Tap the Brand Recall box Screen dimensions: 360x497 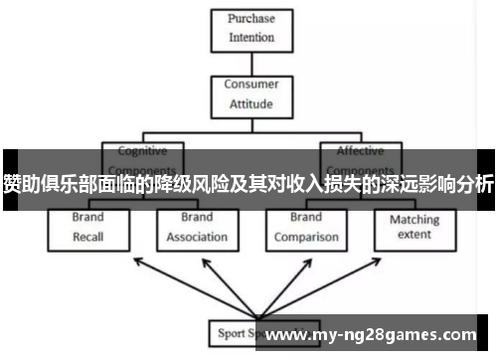88,228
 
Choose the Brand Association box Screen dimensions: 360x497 197,228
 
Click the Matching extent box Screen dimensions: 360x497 414,228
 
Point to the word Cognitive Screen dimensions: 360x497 143,152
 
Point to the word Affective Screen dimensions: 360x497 361,152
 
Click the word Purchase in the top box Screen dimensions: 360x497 250,19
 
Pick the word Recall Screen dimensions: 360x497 88,238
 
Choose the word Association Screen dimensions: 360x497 197,238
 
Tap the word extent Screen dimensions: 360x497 414,236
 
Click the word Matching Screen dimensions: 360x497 414,220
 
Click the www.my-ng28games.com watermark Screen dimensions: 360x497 373,335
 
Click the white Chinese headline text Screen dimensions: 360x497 248,184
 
